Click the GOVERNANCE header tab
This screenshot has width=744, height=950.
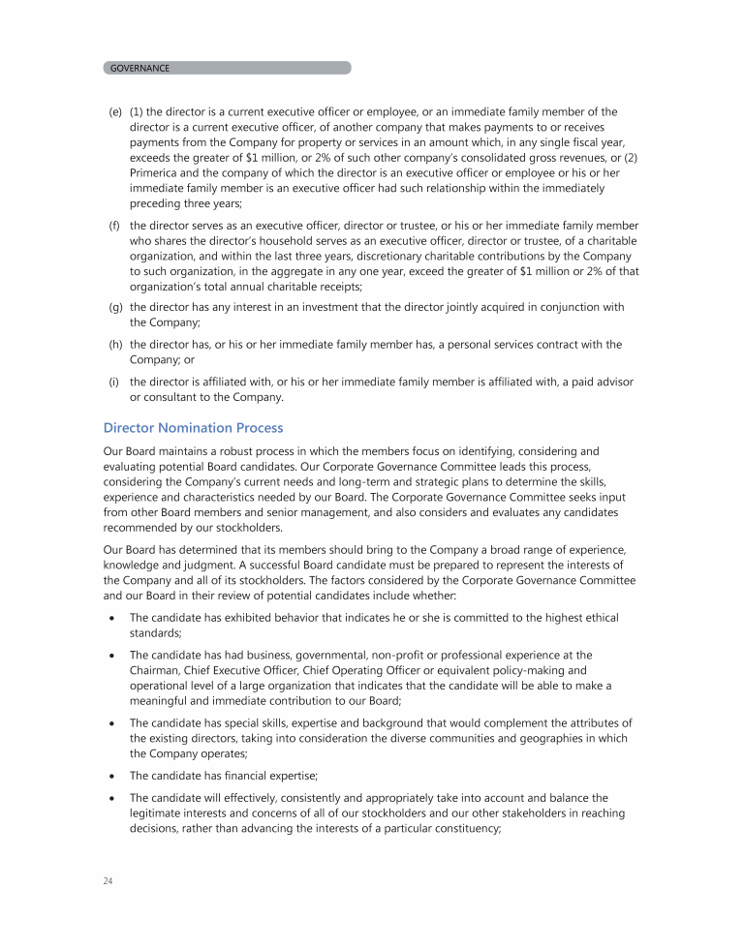tap(140, 68)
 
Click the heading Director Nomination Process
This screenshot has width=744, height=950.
tap(193, 427)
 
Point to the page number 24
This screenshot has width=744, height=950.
tap(108, 880)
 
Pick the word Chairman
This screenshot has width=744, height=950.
tap(157, 669)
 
